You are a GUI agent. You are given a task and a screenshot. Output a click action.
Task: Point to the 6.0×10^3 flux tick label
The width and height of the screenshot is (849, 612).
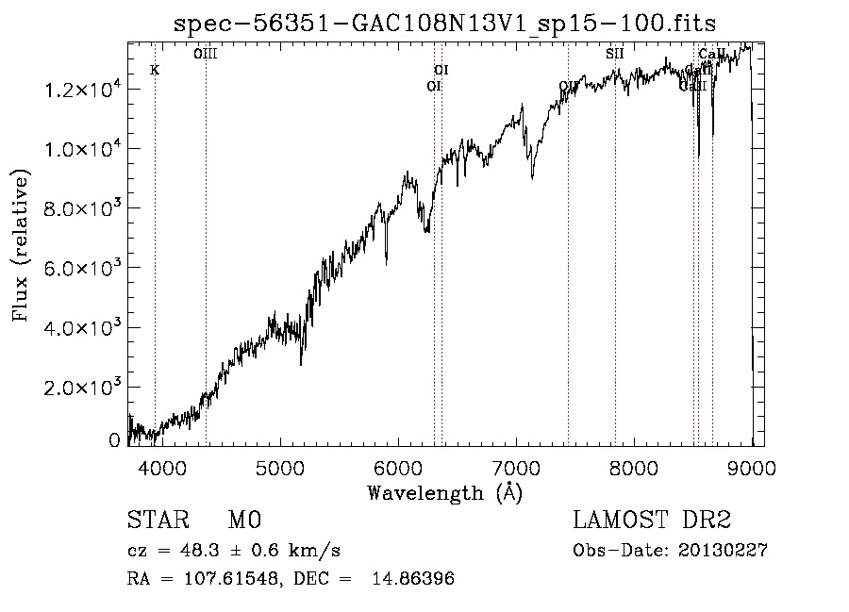(82, 269)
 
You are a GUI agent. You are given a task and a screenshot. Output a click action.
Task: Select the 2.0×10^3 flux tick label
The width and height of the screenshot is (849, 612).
(82, 388)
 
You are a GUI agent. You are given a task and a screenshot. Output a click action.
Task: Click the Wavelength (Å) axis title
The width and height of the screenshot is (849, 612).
(445, 492)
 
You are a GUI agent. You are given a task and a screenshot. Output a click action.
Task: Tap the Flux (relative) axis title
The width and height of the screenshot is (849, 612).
(21, 245)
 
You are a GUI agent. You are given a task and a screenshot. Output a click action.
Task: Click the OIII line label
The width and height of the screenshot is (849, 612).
(206, 54)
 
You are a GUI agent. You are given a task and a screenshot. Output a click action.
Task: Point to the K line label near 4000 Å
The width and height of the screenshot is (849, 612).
(155, 70)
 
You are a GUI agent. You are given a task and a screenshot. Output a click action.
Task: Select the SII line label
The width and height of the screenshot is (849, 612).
(615, 54)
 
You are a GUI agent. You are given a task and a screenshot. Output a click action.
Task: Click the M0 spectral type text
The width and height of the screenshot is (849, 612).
(243, 521)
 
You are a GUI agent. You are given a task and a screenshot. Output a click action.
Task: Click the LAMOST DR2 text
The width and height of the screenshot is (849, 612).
(651, 521)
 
